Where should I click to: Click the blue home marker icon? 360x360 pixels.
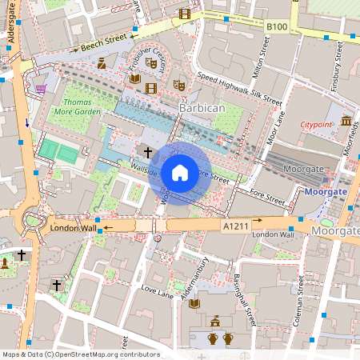pos(180,172)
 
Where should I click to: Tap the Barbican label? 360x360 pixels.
pos(202,107)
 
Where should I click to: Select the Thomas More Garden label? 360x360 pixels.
pos(82,108)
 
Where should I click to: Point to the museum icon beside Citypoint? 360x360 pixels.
pos(346,121)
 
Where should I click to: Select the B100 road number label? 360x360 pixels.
pos(277,27)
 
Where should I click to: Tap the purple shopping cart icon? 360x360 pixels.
pos(40,89)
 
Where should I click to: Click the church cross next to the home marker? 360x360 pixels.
pos(146,150)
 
